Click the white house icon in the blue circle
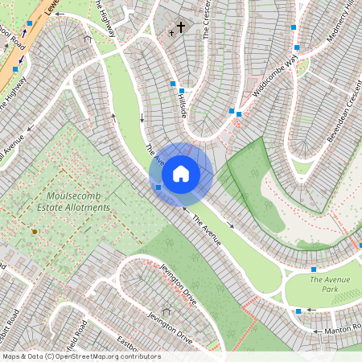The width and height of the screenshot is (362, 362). click(181, 174)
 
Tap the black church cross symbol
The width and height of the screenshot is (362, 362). click(180, 27)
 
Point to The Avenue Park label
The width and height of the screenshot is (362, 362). click(330, 284)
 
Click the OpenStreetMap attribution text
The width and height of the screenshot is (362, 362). click(80, 356)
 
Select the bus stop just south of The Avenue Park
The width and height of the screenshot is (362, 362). click(298, 311)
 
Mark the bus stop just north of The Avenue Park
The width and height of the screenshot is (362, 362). click(314, 269)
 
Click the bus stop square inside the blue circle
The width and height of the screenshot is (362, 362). click(158, 187)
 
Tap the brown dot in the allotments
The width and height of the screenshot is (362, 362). click(34, 232)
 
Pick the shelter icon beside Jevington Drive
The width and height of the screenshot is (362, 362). click(167, 311)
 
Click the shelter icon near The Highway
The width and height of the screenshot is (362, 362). click(87, 37)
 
